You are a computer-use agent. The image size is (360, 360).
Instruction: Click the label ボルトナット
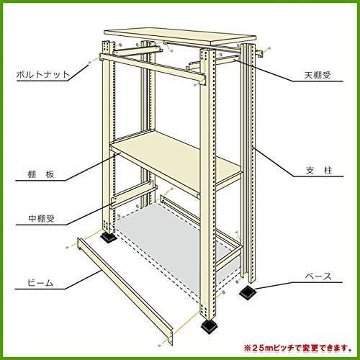pos(42,75)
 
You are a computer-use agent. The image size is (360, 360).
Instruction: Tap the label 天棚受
pos(318,75)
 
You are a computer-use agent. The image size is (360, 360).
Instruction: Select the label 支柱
pos(319,171)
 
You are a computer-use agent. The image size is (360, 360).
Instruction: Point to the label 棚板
pos(41,174)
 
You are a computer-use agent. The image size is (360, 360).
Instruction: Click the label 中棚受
pos(41,218)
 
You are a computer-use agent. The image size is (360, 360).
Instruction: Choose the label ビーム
pos(40,283)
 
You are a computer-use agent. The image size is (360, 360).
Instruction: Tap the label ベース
pos(318,276)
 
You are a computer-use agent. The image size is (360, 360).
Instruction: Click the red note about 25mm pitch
pos(298,347)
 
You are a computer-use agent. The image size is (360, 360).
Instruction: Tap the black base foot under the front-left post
pos(108,237)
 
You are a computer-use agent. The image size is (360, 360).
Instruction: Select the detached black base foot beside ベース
pos(248,292)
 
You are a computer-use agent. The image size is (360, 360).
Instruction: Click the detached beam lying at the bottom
pos(125,292)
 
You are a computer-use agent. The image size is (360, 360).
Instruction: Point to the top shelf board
pos(180,37)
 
